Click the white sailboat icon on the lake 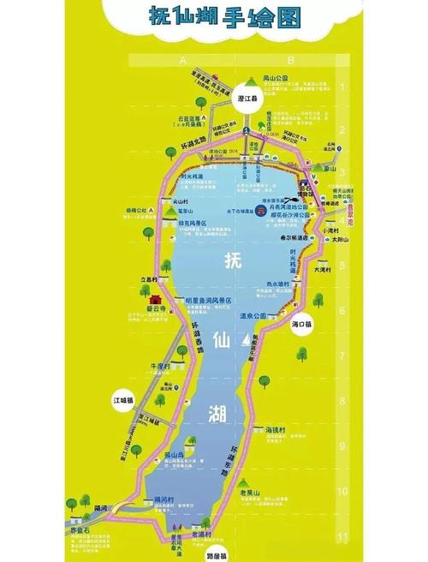coord(252,344)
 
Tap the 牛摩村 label coord(161,366)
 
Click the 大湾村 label coord(322,269)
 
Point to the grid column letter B coord(290,60)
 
